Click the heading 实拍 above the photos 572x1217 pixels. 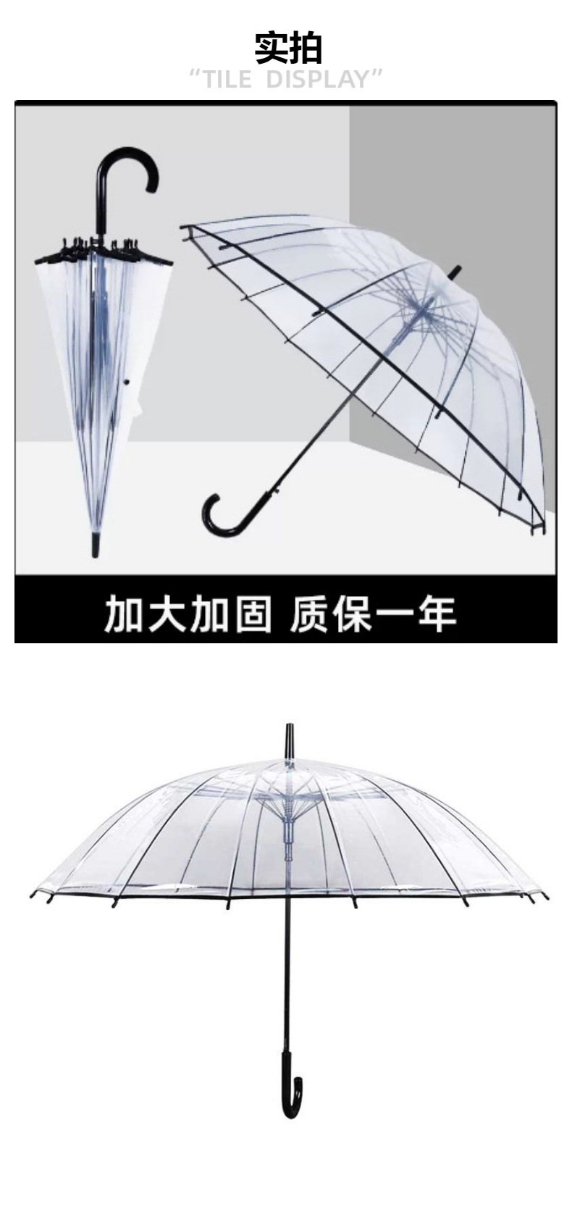287,48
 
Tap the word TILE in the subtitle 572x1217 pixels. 224,79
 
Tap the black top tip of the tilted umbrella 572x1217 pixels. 454,273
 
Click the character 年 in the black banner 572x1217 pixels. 436,613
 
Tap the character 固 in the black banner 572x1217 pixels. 251,613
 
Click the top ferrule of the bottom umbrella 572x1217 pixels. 290,739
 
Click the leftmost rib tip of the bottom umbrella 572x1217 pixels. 33,894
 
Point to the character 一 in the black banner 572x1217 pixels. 394,613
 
